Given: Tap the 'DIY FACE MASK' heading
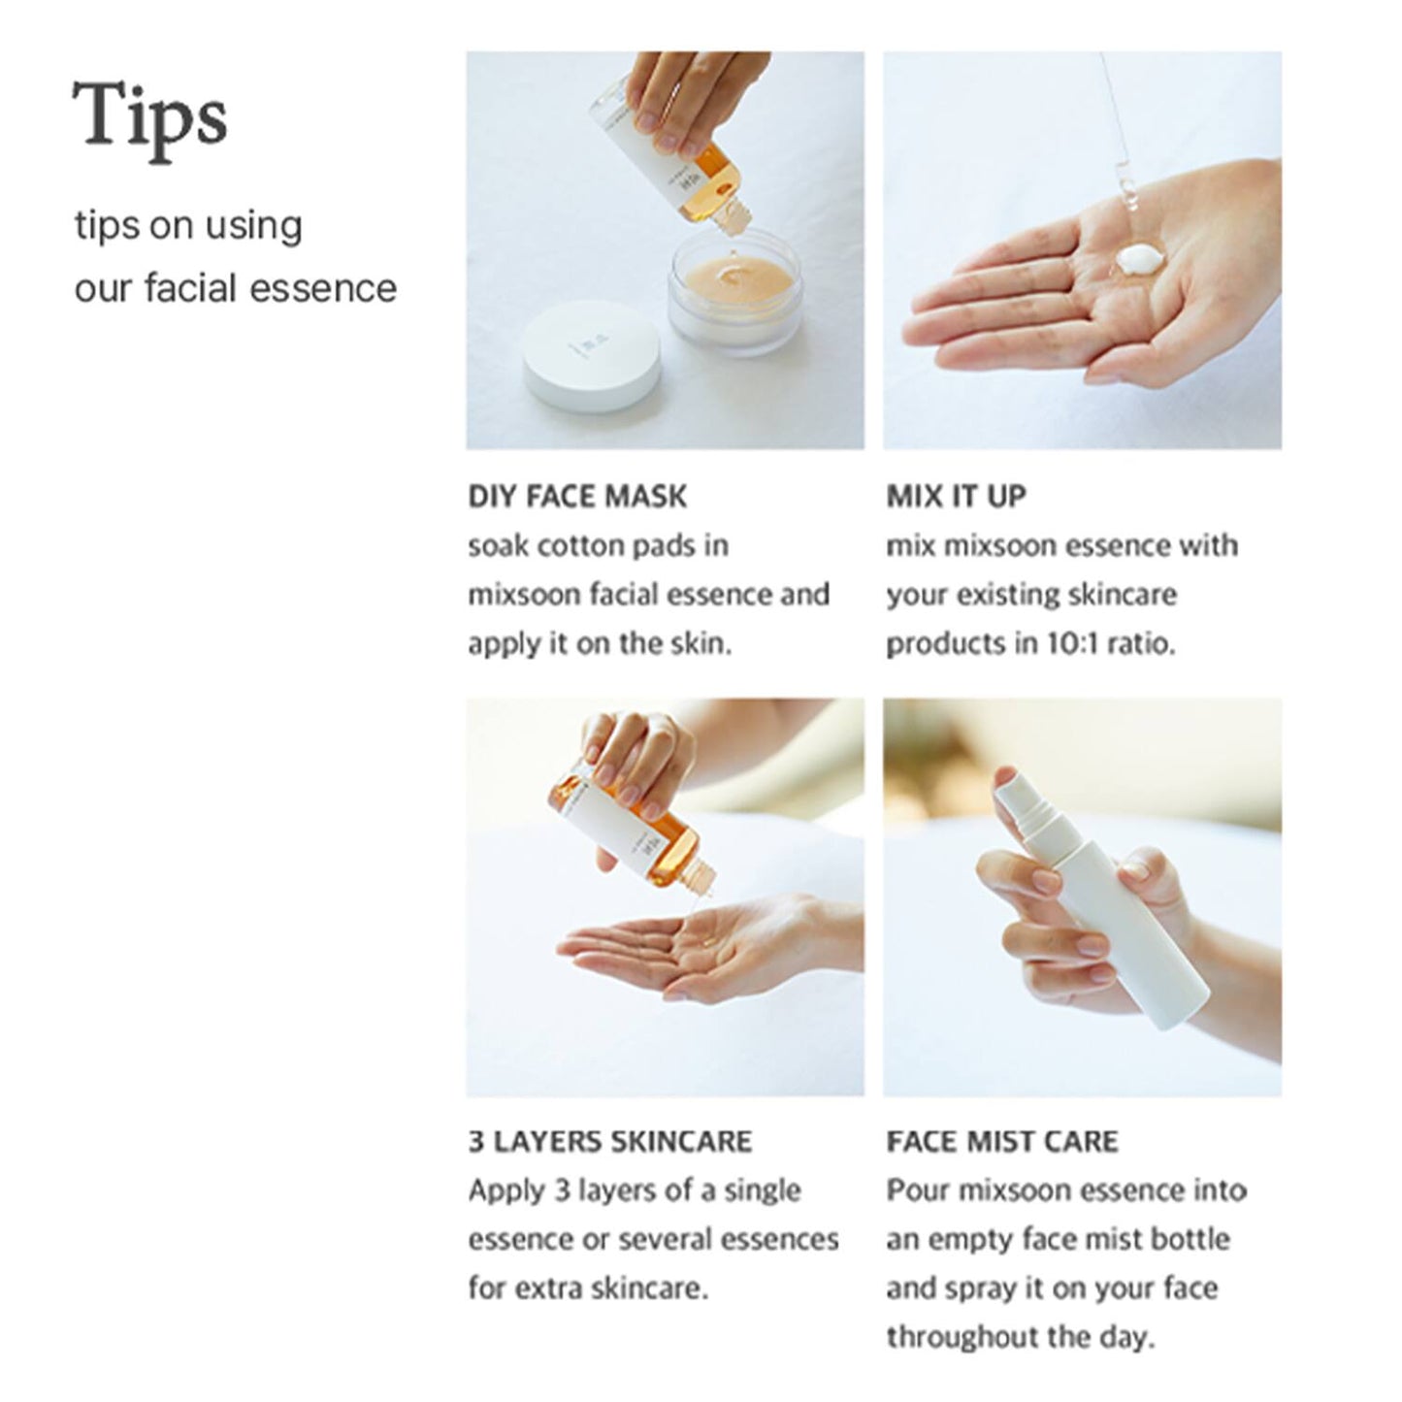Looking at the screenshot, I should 576,497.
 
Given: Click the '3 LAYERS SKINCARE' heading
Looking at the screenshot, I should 609,1141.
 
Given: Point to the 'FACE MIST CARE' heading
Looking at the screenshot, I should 1001,1141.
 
